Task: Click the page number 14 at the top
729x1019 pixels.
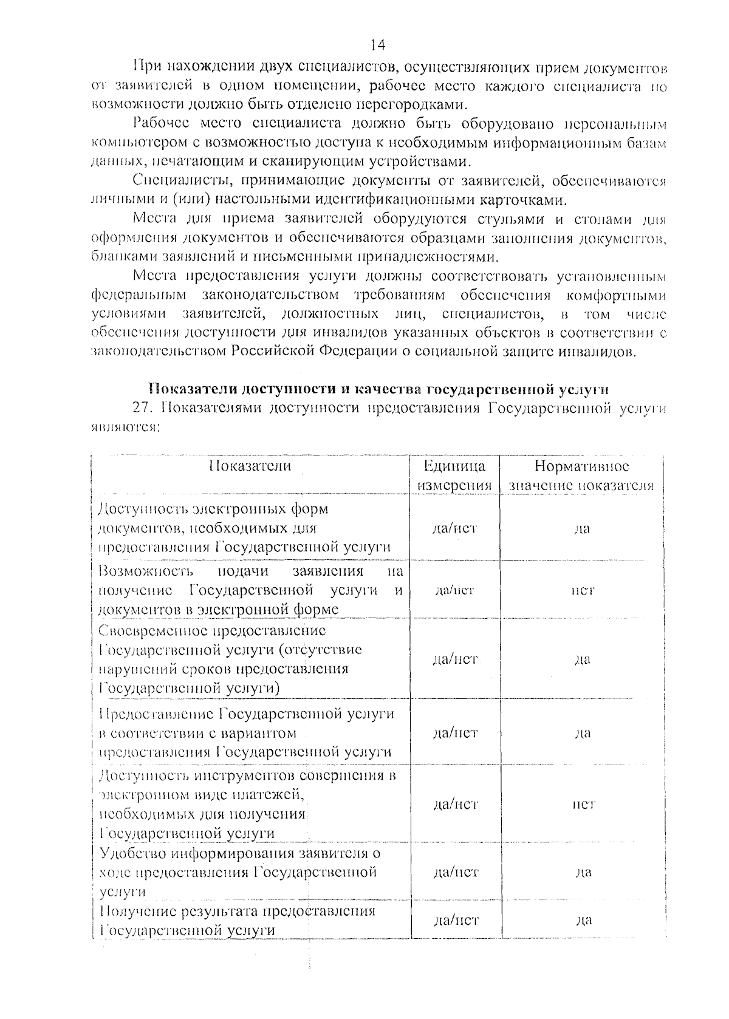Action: [377, 45]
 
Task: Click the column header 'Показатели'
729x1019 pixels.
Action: [250, 466]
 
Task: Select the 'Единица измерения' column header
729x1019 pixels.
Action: [454, 475]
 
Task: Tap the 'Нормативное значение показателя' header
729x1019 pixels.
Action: [581, 475]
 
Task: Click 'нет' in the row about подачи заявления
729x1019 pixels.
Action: [582, 590]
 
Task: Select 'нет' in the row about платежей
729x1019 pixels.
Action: [582, 804]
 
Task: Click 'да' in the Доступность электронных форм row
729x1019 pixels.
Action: [582, 528]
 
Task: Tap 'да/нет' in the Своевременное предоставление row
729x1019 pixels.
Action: [454, 659]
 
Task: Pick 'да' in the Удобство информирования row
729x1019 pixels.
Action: [582, 872]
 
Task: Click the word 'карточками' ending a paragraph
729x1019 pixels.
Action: [529, 200]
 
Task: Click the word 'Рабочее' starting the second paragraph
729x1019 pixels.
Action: [157, 124]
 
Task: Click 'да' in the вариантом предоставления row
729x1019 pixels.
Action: [582, 733]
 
